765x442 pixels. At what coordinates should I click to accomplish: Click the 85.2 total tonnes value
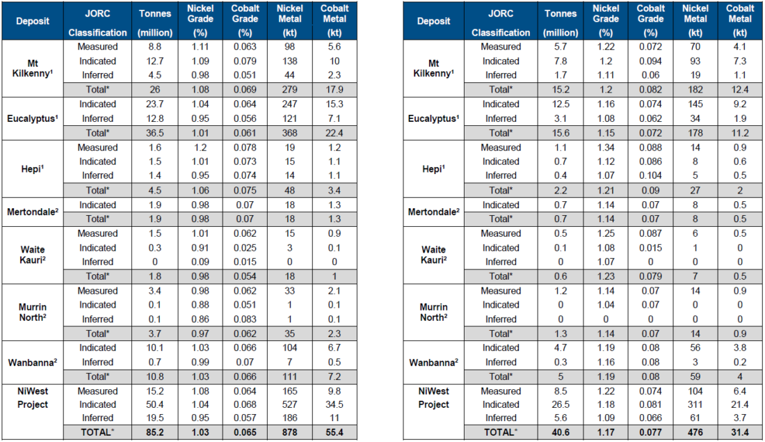(x=154, y=433)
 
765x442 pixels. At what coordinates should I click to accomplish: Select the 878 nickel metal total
(x=290, y=433)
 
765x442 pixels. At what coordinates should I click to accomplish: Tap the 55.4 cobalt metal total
(x=335, y=433)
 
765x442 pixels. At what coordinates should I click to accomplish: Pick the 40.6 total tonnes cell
(x=561, y=433)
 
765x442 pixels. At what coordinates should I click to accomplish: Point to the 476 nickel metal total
(x=696, y=433)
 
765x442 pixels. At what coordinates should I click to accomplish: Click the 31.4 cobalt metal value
(x=741, y=433)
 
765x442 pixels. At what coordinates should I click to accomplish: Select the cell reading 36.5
(x=154, y=133)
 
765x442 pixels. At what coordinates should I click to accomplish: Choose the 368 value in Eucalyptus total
(x=290, y=133)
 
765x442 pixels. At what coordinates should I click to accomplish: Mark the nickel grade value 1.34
(x=606, y=148)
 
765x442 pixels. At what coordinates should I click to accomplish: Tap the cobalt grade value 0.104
(x=651, y=175)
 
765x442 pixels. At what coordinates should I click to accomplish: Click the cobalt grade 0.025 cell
(x=245, y=248)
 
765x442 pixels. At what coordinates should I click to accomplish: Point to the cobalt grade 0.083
(x=245, y=319)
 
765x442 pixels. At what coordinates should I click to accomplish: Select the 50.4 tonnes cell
(x=154, y=404)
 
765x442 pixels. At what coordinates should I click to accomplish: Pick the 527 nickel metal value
(x=290, y=404)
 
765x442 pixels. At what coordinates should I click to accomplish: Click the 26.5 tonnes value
(x=561, y=404)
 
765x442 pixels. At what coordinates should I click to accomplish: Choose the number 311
(x=696, y=404)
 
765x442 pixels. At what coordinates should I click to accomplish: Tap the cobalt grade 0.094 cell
(x=651, y=61)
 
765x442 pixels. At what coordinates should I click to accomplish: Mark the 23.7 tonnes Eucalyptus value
(x=154, y=104)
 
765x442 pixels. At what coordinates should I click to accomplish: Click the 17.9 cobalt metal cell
(x=335, y=90)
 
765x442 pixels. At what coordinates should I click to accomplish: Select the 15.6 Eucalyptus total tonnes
(x=561, y=133)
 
